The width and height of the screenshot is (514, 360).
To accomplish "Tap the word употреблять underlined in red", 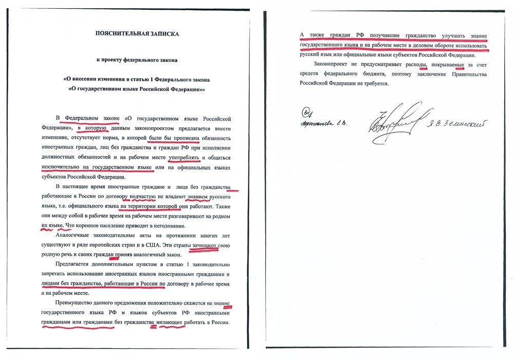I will click(181, 157).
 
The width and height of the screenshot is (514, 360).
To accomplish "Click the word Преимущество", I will click(76, 303).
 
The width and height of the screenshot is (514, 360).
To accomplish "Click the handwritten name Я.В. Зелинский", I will click(455, 122).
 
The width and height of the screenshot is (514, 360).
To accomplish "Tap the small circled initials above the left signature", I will click(307, 111).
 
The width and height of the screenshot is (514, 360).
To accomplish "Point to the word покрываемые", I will click(447, 65).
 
